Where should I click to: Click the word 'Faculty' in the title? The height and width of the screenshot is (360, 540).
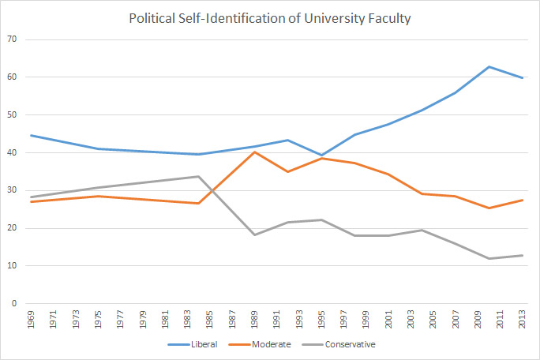[388, 17]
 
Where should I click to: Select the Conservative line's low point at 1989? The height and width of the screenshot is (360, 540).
[253, 234]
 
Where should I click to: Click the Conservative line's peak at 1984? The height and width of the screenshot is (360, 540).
[198, 176]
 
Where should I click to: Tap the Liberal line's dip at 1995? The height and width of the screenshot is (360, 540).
[321, 155]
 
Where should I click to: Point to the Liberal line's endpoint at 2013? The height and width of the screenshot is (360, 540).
[523, 78]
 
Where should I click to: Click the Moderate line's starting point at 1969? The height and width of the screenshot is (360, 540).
[29, 201]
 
